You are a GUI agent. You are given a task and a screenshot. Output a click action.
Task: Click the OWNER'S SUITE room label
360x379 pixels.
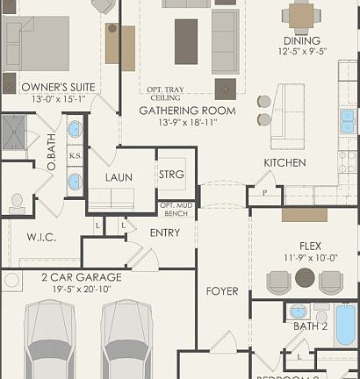46,87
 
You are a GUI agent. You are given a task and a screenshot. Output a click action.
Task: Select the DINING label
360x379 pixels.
301,40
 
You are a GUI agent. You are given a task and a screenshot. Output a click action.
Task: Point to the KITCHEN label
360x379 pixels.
284,163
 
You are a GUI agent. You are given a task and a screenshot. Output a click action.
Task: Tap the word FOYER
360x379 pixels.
222,290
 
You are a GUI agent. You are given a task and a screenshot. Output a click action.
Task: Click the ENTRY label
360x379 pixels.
165,232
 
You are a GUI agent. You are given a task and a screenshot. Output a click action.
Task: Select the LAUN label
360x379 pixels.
119,177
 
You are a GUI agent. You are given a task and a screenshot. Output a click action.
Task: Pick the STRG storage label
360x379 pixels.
171,175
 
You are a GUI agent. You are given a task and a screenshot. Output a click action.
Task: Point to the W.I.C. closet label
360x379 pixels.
41,237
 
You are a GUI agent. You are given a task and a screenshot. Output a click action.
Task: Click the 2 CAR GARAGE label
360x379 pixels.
81,277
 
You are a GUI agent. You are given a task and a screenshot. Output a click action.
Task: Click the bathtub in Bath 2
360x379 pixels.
346,324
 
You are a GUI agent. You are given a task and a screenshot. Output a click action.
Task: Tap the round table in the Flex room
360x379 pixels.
305,278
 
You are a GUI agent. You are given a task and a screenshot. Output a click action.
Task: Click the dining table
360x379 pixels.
301,15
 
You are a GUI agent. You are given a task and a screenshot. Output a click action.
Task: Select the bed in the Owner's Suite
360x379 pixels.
38,44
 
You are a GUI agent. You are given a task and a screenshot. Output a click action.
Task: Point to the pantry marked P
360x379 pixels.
263,192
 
